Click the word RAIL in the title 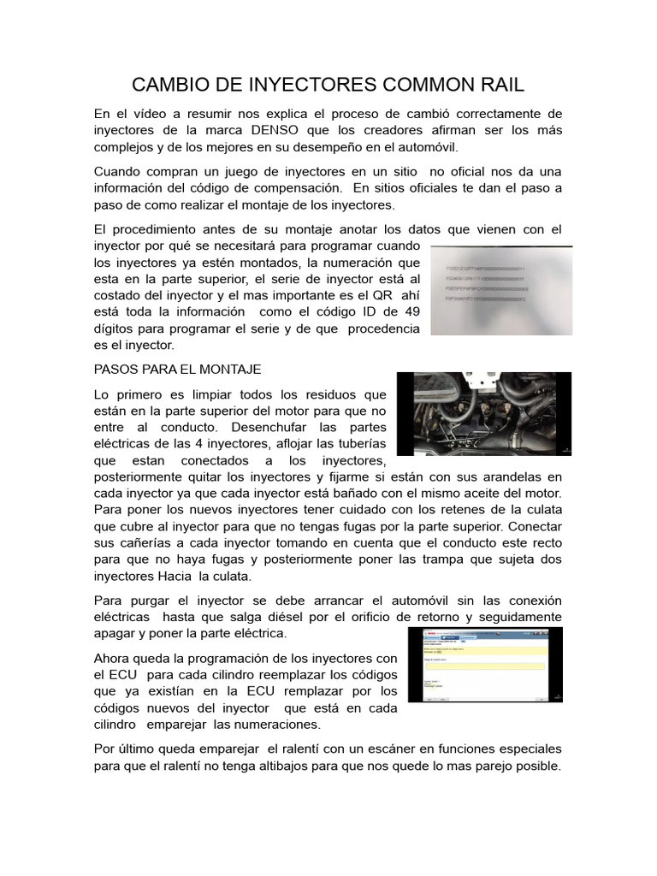[x=497, y=85]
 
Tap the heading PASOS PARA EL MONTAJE [x=177, y=369]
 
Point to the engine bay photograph [x=484, y=413]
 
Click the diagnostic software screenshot [x=485, y=664]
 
